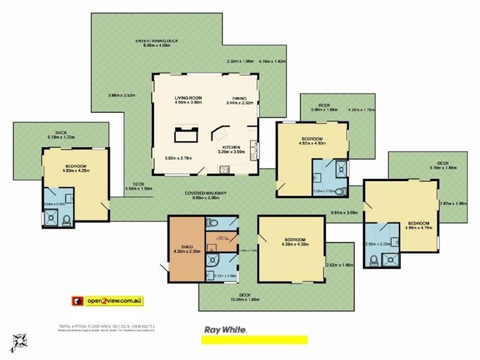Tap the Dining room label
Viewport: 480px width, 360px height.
point(240,97)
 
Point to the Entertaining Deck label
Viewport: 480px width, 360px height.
point(157,41)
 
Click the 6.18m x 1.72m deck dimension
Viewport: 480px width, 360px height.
point(61,138)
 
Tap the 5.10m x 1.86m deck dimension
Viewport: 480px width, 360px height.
point(442,169)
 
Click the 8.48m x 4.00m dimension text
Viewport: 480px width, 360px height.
point(157,46)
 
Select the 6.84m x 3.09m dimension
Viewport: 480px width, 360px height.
point(344,212)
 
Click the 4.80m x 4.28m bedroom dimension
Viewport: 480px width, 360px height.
point(76,171)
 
